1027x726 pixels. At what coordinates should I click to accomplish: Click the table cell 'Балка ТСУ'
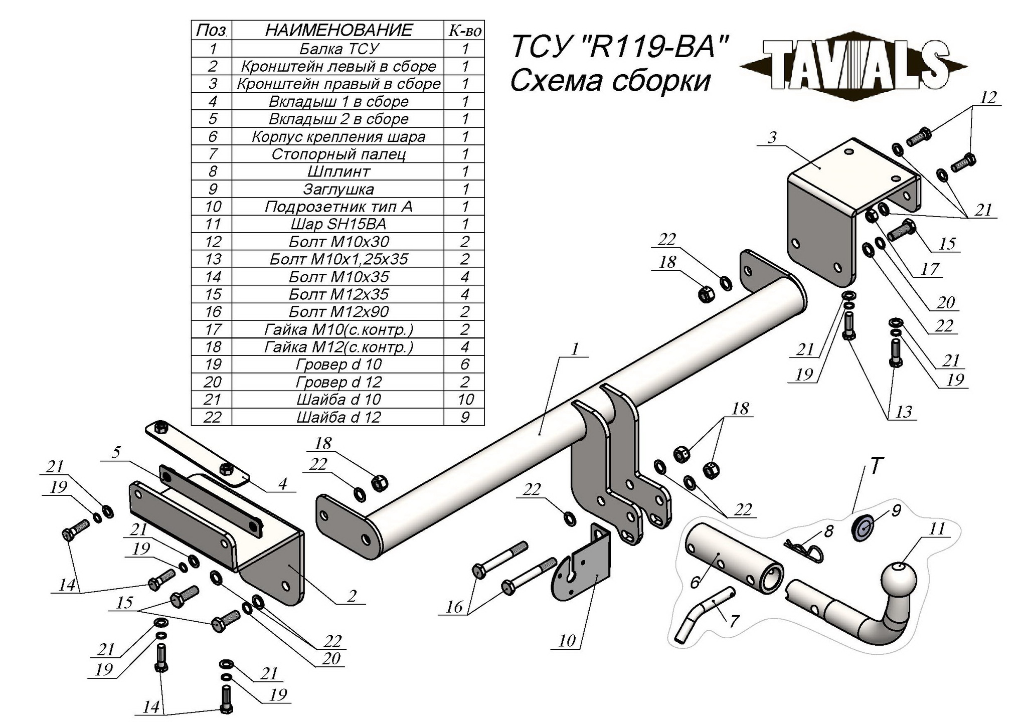pyautogui.click(x=338, y=49)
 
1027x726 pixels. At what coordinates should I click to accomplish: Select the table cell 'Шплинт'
pyautogui.click(x=338, y=171)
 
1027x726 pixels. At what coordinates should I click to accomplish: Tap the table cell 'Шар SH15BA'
pyautogui.click(x=338, y=224)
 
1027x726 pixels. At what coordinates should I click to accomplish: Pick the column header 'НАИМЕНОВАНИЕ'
pyautogui.click(x=338, y=30)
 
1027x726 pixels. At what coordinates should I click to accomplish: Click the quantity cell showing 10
pyautogui.click(x=465, y=400)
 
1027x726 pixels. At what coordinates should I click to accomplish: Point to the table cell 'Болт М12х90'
pyautogui.click(x=338, y=312)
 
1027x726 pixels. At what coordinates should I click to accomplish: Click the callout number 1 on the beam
pyautogui.click(x=575, y=348)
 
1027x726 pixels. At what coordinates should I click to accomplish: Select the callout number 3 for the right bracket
pyautogui.click(x=772, y=137)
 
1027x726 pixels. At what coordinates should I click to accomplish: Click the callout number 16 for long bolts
pyautogui.click(x=454, y=607)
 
